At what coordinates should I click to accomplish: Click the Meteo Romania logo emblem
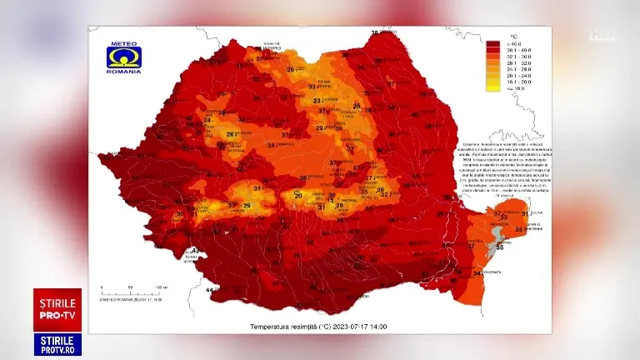click(x=123, y=57)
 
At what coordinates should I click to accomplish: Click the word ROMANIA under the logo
click(x=123, y=72)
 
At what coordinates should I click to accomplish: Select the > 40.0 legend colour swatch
click(x=493, y=42)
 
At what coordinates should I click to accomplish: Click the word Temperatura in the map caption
click(x=272, y=327)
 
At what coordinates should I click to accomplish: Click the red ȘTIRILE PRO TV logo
click(x=57, y=310)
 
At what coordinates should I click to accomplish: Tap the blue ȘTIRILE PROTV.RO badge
click(x=57, y=344)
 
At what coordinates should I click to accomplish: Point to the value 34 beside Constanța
click(x=477, y=272)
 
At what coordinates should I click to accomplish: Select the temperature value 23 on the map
click(x=317, y=101)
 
